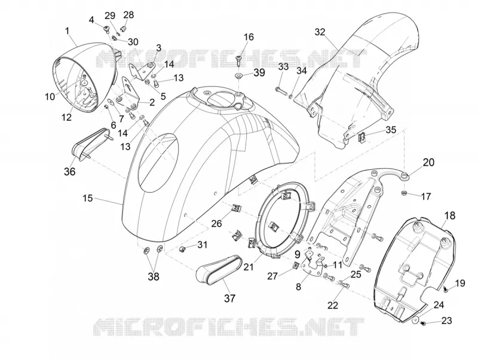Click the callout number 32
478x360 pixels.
click(x=320, y=32)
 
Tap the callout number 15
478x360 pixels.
click(x=87, y=198)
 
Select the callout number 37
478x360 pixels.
click(x=229, y=298)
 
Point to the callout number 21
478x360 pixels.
click(x=249, y=267)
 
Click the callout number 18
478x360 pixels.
click(x=450, y=216)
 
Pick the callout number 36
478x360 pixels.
click(x=69, y=172)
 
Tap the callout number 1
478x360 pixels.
click(x=67, y=31)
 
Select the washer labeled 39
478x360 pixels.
click(x=238, y=75)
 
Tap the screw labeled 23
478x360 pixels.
click(x=423, y=323)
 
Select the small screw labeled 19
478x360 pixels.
click(x=445, y=289)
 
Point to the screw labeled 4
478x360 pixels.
click(x=106, y=29)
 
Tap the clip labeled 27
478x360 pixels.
click(x=295, y=265)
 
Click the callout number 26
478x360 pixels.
click(x=216, y=224)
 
